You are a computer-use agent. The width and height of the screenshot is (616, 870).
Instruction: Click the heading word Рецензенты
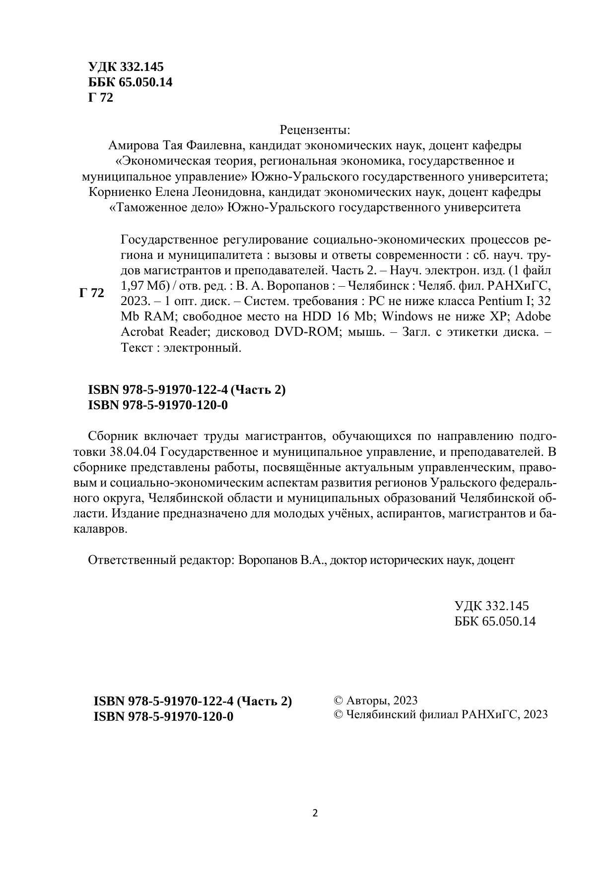pos(315,130)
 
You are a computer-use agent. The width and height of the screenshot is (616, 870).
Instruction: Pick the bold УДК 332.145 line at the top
pos(126,67)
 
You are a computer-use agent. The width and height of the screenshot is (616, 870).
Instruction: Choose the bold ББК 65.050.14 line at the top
pos(131,82)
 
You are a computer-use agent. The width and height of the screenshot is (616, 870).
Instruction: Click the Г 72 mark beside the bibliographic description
pos(92,293)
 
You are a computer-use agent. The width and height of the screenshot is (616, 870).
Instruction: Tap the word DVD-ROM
pos(306,332)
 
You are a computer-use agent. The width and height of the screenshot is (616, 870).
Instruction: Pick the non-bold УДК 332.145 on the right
pos(491,606)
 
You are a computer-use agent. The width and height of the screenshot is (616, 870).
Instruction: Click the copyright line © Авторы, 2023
pos(376,700)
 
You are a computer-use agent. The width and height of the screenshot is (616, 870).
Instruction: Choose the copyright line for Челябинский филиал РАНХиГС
pos(441,714)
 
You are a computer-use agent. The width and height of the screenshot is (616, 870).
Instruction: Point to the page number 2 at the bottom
pos(315,813)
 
